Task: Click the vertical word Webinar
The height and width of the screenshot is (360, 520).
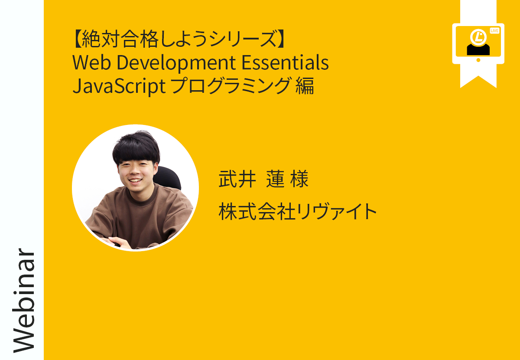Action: click(23, 301)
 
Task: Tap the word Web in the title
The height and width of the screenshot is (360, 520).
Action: click(91, 62)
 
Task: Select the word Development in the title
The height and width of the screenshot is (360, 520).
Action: click(176, 63)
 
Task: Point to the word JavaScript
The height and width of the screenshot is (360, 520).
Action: click(119, 86)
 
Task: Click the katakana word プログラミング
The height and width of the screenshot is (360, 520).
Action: click(231, 85)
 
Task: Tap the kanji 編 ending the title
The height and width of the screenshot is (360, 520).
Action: click(305, 85)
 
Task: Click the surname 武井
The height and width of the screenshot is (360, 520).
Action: click(237, 179)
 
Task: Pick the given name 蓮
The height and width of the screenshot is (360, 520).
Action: click(275, 179)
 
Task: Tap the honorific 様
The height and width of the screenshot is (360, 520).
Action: click(299, 179)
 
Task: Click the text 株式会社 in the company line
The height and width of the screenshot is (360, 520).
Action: click(257, 211)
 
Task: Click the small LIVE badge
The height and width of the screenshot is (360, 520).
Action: click(494, 31)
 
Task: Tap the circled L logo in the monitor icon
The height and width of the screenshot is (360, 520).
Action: click(478, 37)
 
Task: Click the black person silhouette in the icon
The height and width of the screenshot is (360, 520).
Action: click(478, 49)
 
